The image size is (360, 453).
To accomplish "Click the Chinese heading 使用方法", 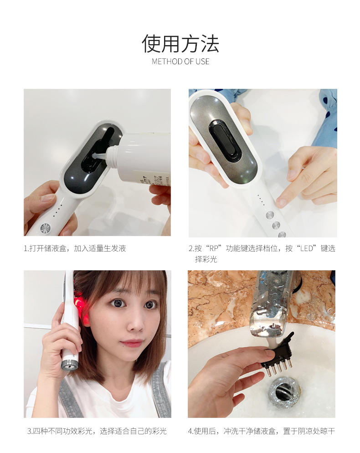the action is tap(180, 44).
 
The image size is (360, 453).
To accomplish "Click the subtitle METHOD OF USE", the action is tap(180, 62).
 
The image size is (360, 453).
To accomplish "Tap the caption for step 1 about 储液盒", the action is tap(75, 248).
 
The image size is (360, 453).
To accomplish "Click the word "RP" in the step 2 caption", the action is tap(213, 248).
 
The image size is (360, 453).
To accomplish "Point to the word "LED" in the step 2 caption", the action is tap(307, 248).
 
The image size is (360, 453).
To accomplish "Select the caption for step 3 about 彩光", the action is tap(97, 431).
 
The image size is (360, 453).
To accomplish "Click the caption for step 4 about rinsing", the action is tap(262, 431).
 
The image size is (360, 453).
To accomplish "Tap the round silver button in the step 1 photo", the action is tap(45, 228).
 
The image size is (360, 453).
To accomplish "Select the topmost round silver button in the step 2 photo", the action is tap(270, 215).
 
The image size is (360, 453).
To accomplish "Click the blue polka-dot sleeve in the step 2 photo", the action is tap(326, 118).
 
